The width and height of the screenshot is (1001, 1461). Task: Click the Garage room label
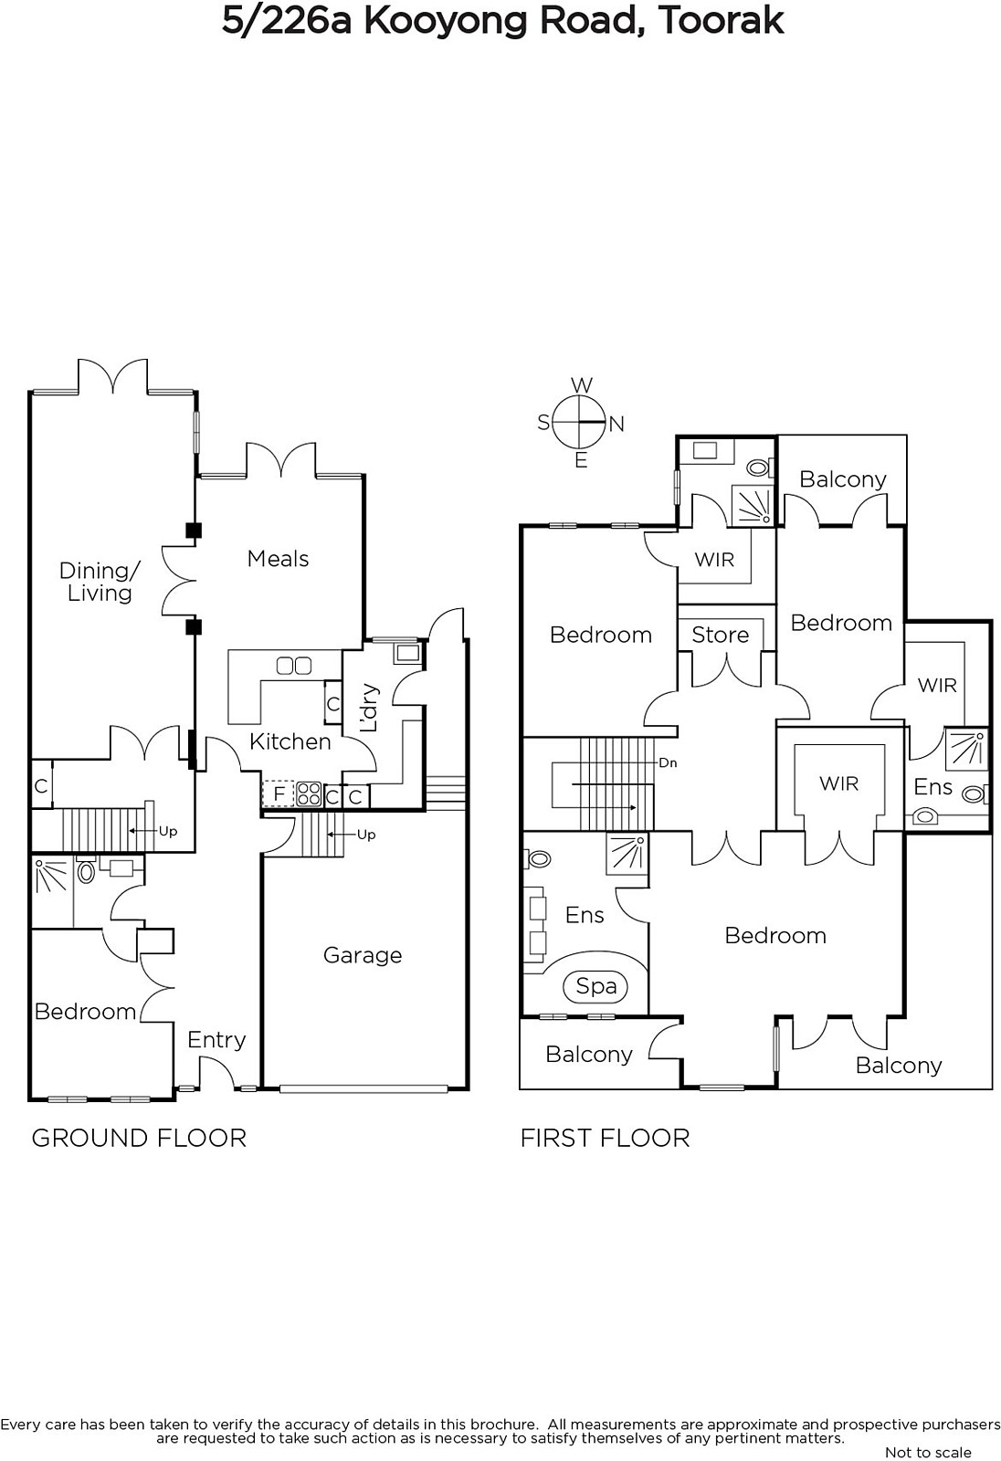pyautogui.click(x=363, y=955)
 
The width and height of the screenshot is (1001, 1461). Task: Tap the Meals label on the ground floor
pyautogui.click(x=278, y=559)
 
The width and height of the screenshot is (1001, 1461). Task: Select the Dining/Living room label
pyautogui.click(x=100, y=582)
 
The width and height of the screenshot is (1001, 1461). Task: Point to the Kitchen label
pyautogui.click(x=290, y=741)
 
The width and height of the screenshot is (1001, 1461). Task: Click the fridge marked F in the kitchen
pyautogui.click(x=279, y=794)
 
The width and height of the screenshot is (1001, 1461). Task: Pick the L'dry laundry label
pyautogui.click(x=369, y=709)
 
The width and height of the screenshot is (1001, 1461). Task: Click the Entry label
pyautogui.click(x=216, y=1039)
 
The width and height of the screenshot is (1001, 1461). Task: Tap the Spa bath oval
pyautogui.click(x=596, y=986)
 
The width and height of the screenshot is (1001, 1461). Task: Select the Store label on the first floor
pyautogui.click(x=720, y=635)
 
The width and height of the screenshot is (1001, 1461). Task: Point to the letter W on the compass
pyautogui.click(x=581, y=385)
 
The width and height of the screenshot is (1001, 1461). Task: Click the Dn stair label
pyautogui.click(x=668, y=762)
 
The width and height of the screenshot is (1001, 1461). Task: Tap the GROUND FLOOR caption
pyautogui.click(x=139, y=1138)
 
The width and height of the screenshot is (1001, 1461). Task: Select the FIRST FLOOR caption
pyautogui.click(x=605, y=1138)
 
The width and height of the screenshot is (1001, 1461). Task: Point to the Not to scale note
pyautogui.click(x=928, y=1452)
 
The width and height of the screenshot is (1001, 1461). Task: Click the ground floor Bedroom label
pyautogui.click(x=85, y=1011)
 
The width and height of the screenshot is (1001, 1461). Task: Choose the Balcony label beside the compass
pyautogui.click(x=842, y=479)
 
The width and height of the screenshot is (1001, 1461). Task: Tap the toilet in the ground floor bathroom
pyautogui.click(x=87, y=872)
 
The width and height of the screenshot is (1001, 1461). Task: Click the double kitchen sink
pyautogui.click(x=294, y=666)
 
